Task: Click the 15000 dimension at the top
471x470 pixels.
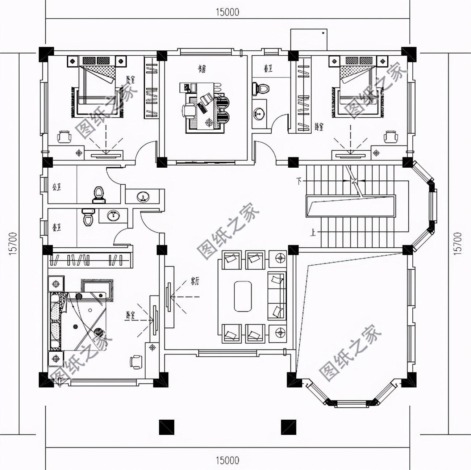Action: pyautogui.click(x=228, y=12)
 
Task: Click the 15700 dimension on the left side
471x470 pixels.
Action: pyautogui.click(x=14, y=244)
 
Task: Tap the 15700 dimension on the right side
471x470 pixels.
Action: pyautogui.click(x=458, y=244)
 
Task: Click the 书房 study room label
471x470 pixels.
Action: pyautogui.click(x=202, y=68)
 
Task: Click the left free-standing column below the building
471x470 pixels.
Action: pyautogui.click(x=167, y=427)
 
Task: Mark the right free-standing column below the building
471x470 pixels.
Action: pyautogui.click(x=289, y=427)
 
